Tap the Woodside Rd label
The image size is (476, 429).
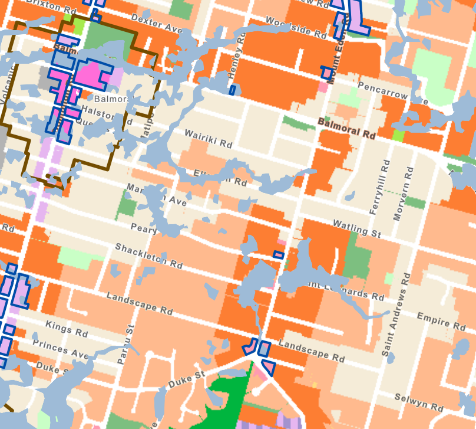tap(296, 27)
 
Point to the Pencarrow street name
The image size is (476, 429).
tap(386, 94)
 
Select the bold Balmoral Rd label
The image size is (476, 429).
tap(346, 127)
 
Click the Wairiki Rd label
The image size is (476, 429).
tap(209, 139)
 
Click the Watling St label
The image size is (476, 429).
tap(356, 228)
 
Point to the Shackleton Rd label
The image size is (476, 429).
tap(149, 255)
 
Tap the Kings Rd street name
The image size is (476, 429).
tap(66, 328)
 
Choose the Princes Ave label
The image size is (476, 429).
tap(60, 349)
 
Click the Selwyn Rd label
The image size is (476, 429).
tap(419, 403)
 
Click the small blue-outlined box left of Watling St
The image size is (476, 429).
tap(279, 255)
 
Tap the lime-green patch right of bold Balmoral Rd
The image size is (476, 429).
tap(398, 136)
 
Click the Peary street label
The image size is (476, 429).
tap(144, 228)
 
